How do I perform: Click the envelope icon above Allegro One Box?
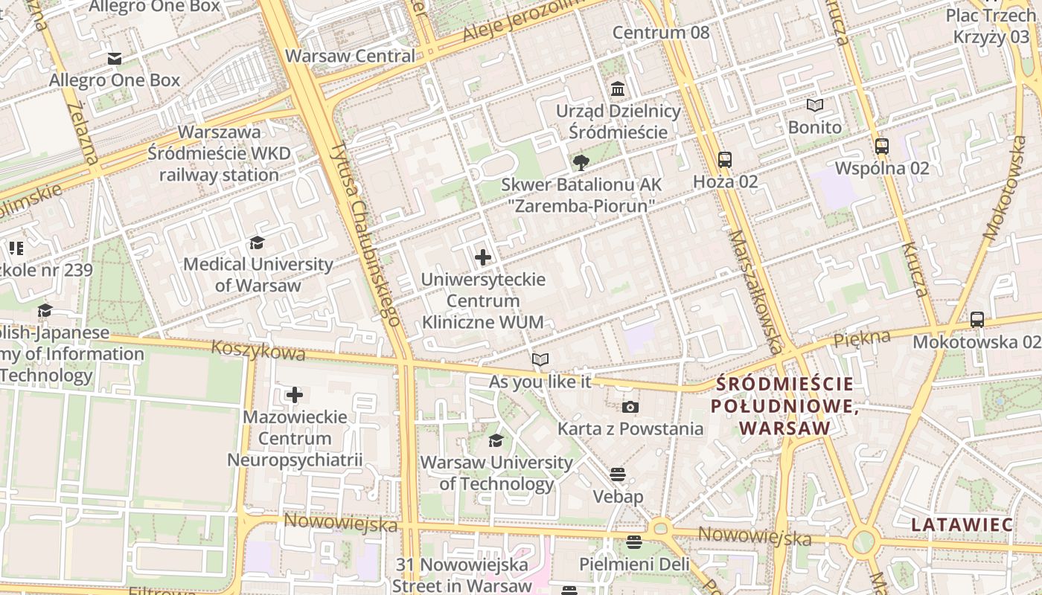[x=114, y=59]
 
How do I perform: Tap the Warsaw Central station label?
[x=350, y=56]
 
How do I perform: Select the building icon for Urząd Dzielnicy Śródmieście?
[x=617, y=89]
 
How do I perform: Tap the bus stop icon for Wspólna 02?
[x=882, y=146]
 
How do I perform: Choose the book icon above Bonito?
[x=815, y=106]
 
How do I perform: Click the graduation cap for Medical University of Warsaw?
[x=258, y=242]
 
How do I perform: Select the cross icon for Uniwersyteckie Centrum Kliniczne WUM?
[x=483, y=257]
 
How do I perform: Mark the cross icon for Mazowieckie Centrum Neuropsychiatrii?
[x=295, y=395]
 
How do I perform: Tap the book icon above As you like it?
[x=540, y=360]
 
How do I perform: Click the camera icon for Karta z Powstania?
[x=630, y=407]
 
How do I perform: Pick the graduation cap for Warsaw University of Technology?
[x=496, y=440]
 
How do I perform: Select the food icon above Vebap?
[x=618, y=475]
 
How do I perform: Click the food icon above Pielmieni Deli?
[x=634, y=542]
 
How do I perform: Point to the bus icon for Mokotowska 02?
[x=977, y=320]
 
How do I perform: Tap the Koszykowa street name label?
[x=258, y=351]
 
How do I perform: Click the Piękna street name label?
[x=862, y=338]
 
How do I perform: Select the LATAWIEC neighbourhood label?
[x=962, y=524]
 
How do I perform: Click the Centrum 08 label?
[x=661, y=33]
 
